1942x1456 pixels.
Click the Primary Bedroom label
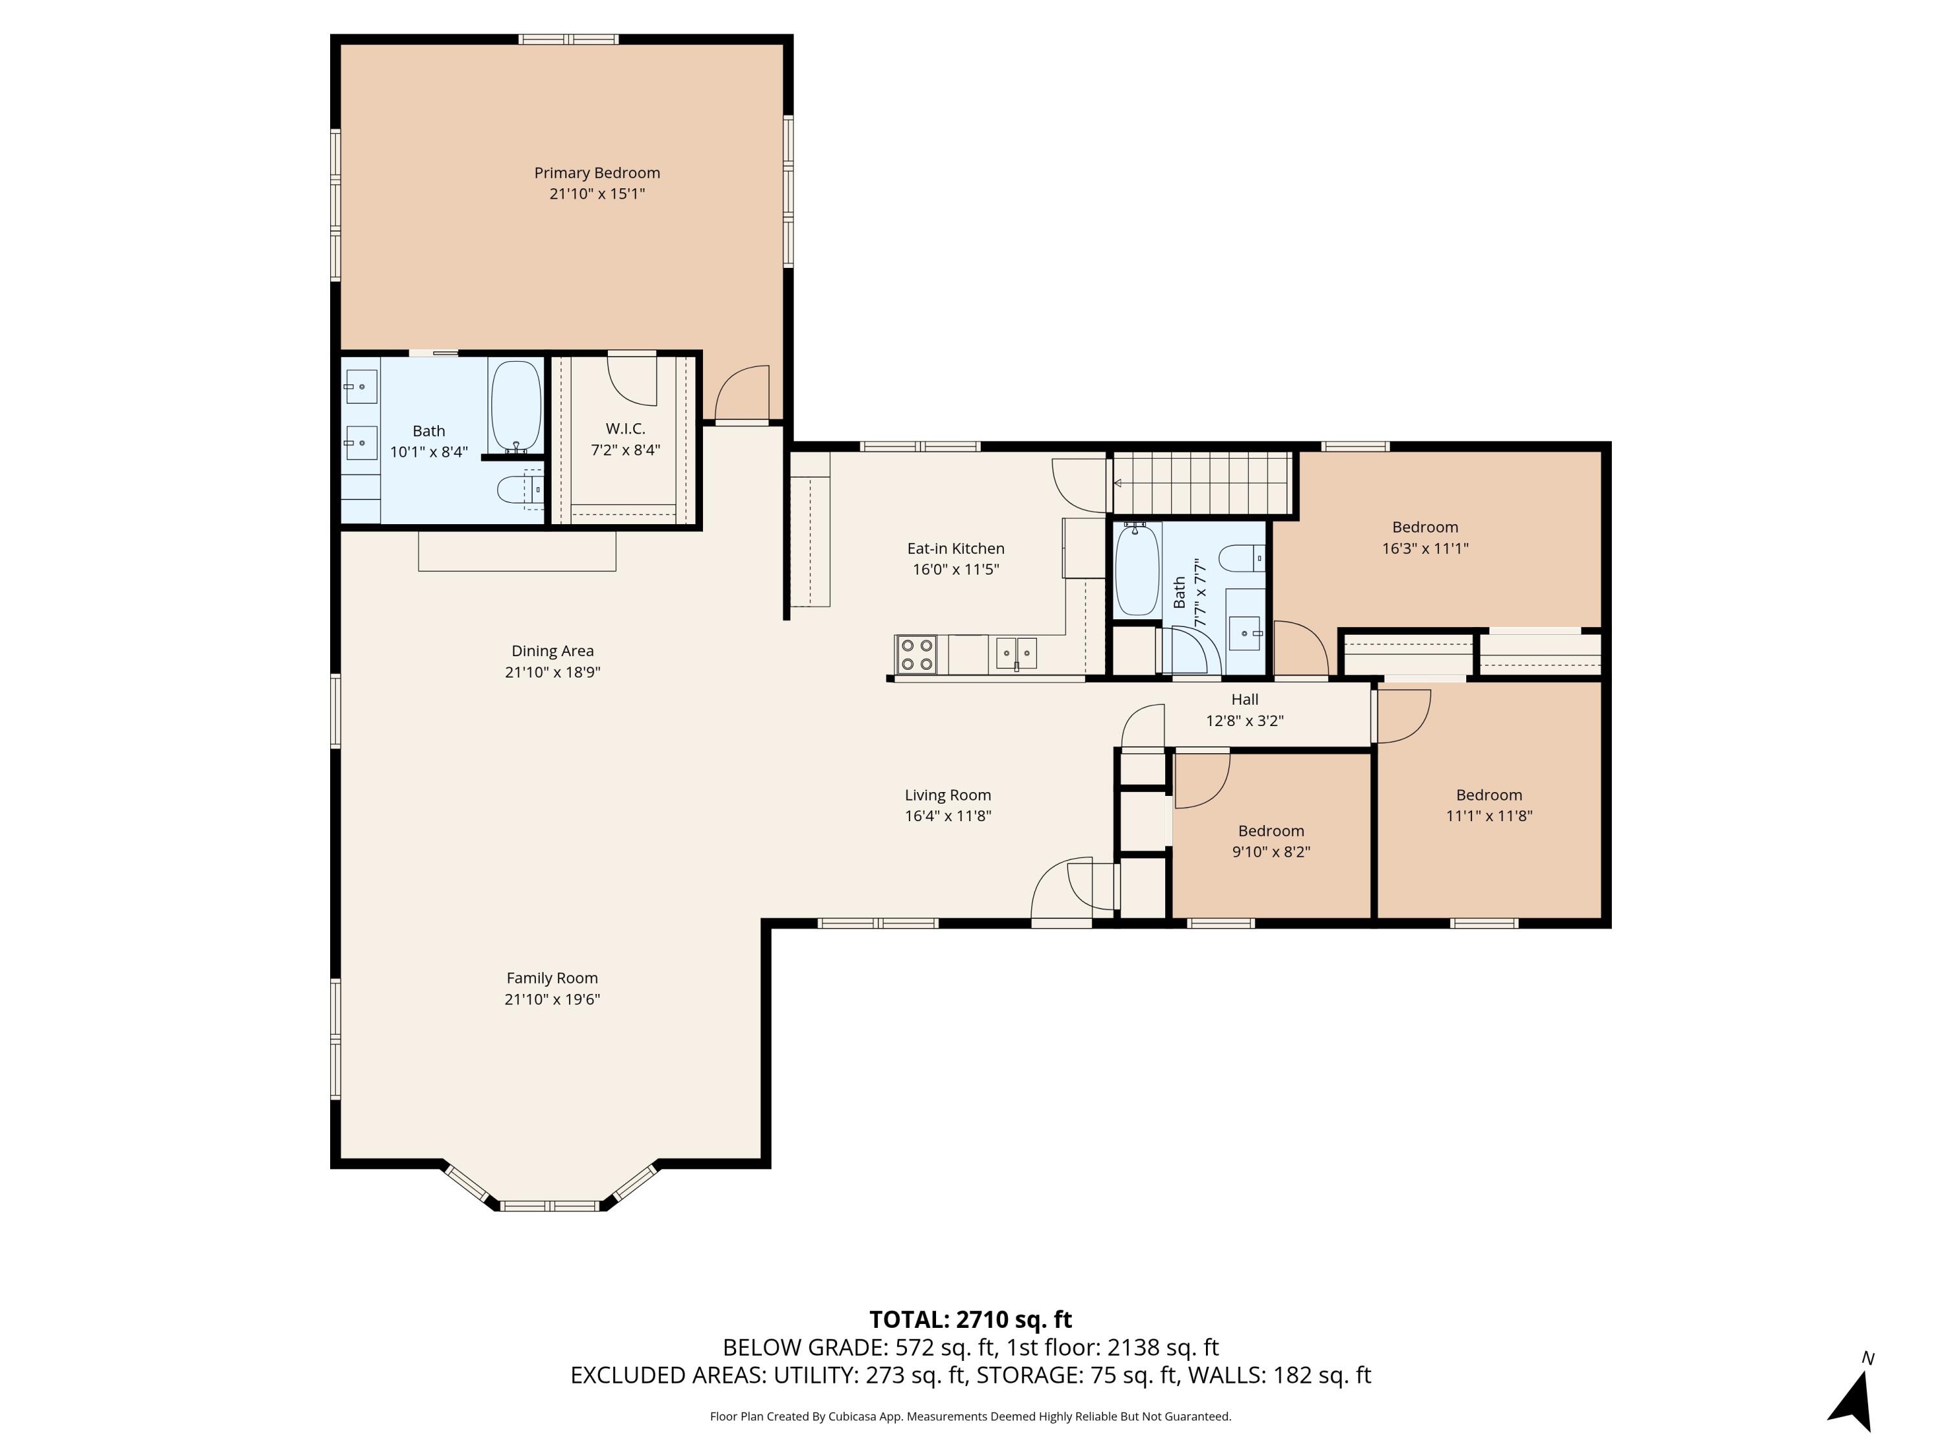pyautogui.click(x=597, y=173)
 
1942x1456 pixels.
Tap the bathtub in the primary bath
pyautogui.click(x=515, y=406)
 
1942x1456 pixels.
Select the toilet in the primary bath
pyautogui.click(x=518, y=489)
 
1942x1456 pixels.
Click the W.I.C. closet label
pyautogui.click(x=625, y=428)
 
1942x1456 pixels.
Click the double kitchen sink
pyautogui.click(x=1016, y=653)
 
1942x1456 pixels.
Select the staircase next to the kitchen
pyautogui.click(x=1203, y=483)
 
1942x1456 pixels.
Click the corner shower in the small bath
pyautogui.click(x=1190, y=650)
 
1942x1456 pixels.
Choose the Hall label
pyautogui.click(x=1244, y=700)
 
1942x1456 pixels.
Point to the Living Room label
pyautogui.click(x=947, y=795)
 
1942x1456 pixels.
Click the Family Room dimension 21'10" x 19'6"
pyautogui.click(x=552, y=998)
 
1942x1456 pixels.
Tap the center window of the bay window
pyautogui.click(x=550, y=1205)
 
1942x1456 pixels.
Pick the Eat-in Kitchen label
pyautogui.click(x=955, y=549)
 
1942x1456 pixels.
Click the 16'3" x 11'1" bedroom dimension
pyautogui.click(x=1425, y=549)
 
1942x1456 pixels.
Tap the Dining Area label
pyautogui.click(x=552, y=651)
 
